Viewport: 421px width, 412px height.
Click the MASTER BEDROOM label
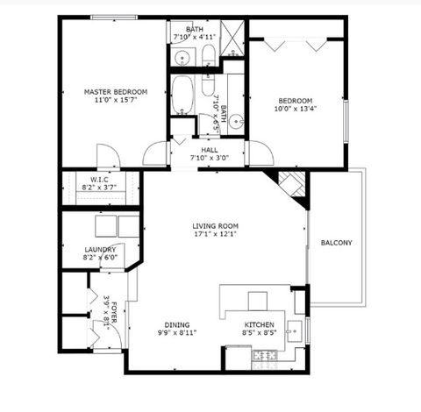(115, 91)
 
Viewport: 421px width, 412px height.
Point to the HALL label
(210, 150)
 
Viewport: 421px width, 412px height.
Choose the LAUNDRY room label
(99, 250)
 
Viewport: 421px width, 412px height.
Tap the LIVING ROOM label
(215, 225)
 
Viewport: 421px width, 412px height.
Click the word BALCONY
(336, 243)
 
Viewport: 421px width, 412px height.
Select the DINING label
(178, 324)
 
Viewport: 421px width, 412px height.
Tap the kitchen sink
(296, 331)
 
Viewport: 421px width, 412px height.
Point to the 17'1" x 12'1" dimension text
(215, 234)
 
